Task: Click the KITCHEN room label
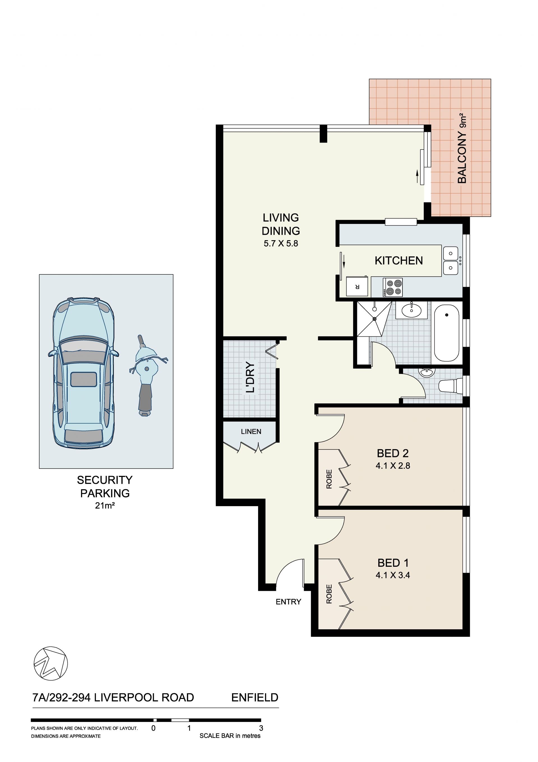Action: (x=398, y=261)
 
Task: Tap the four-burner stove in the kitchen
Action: (x=393, y=287)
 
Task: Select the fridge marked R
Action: (x=357, y=286)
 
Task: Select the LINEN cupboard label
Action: (x=251, y=432)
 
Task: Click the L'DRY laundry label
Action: (x=250, y=377)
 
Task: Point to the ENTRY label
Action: (x=288, y=602)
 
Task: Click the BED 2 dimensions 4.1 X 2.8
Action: (x=393, y=466)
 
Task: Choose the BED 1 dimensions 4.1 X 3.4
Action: (x=393, y=575)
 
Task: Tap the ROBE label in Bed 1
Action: (x=329, y=594)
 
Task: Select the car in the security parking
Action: (x=84, y=373)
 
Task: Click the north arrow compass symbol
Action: (x=51, y=664)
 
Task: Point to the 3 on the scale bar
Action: (x=261, y=728)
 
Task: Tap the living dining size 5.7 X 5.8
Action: (x=281, y=243)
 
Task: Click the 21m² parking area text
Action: (x=105, y=506)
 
